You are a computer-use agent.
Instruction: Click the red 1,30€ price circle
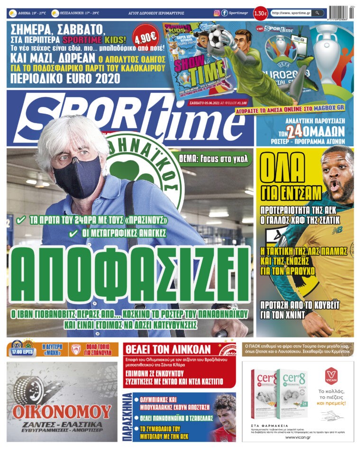click(x=260, y=13)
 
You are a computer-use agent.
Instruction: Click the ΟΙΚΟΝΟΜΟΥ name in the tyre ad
click(x=62, y=410)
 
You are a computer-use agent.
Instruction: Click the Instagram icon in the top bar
click(x=217, y=13)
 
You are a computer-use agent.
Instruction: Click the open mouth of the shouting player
click(x=335, y=185)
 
